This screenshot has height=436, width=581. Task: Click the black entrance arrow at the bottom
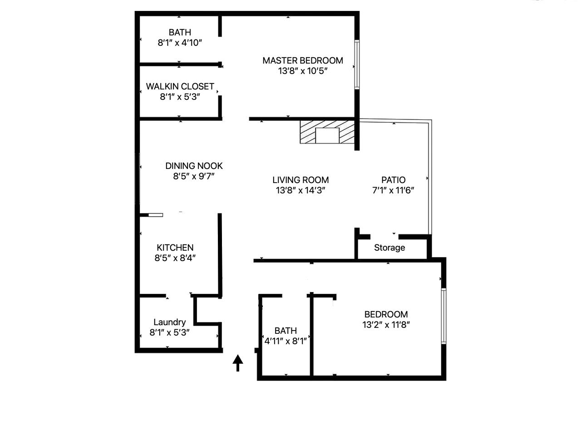point(238,362)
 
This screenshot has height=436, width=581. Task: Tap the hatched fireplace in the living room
point(327,132)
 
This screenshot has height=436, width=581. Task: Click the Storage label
point(389,248)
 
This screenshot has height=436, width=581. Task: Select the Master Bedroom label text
point(303,60)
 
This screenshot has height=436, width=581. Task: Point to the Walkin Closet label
point(180,86)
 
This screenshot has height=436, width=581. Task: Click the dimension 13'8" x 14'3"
point(300,190)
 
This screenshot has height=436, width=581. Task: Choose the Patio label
point(393,180)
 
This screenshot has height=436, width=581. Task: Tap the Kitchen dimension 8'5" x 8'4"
point(175,258)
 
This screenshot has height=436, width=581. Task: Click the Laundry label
point(169,322)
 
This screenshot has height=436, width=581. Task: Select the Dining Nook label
point(194,166)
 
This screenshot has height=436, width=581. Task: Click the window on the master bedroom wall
point(357,64)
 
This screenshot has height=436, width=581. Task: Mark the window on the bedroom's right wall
point(444,316)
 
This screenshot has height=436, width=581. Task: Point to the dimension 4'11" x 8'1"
point(286,341)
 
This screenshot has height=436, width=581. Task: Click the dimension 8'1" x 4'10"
point(180,43)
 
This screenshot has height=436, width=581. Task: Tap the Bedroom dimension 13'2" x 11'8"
point(386,325)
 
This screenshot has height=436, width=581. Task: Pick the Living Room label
point(300,180)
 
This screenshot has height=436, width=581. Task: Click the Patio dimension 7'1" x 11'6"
point(393,190)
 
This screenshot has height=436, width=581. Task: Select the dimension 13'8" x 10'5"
point(303,71)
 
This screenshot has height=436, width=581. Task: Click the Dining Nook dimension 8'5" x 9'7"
point(194,176)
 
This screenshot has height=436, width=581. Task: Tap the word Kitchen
point(175,248)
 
